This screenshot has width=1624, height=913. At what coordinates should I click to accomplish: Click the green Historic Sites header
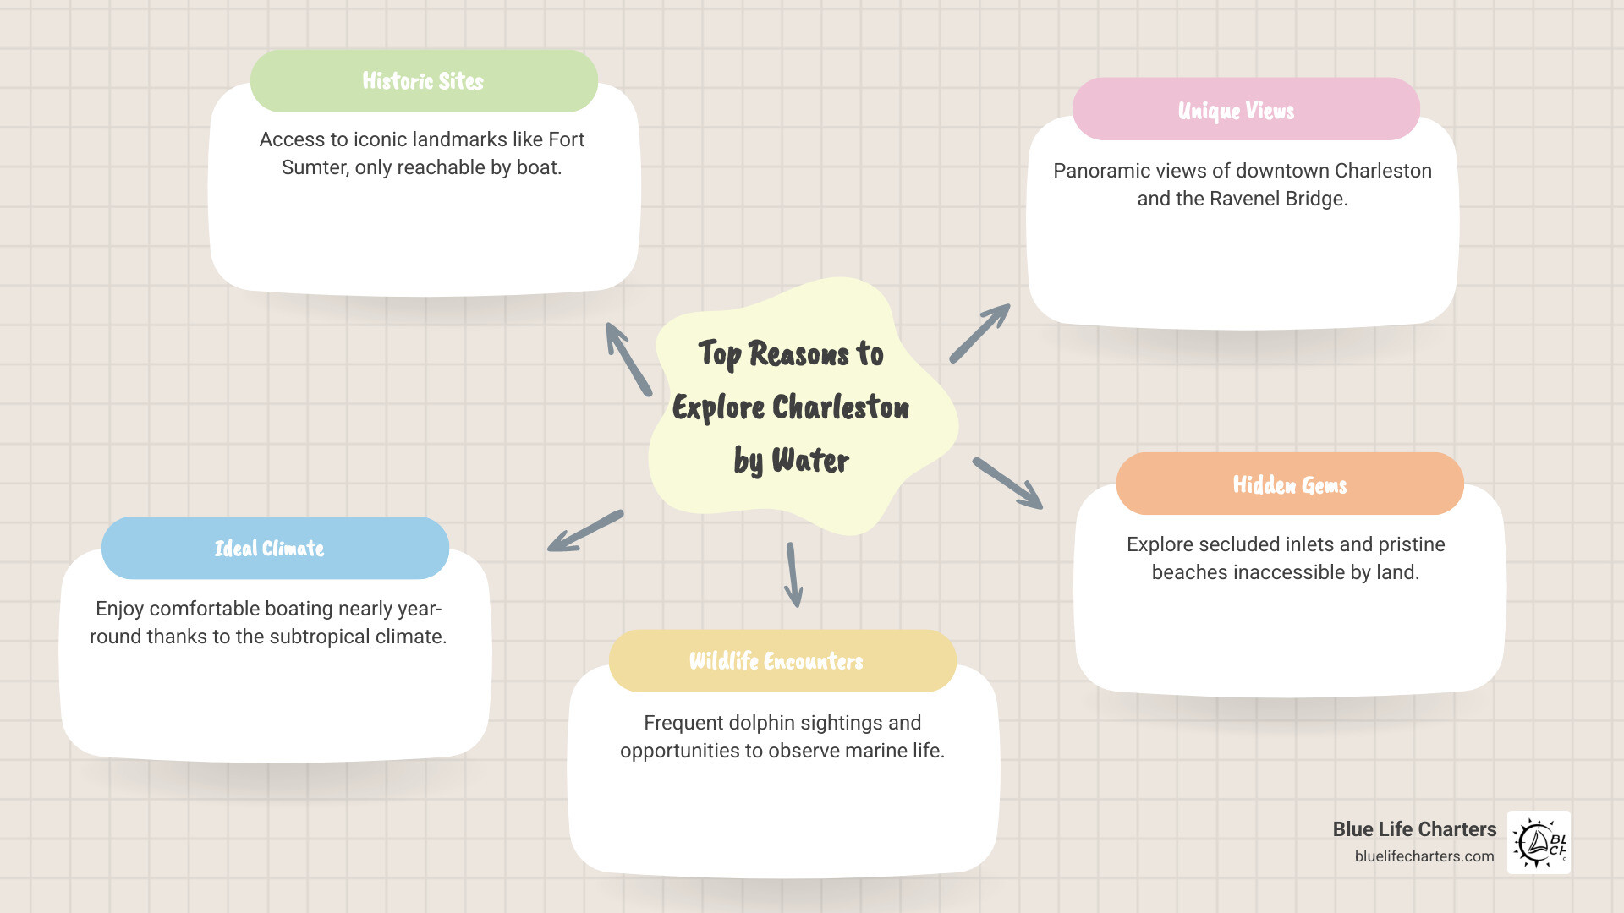pos(424,81)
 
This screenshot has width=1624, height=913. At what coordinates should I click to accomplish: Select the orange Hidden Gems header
pos(1289,484)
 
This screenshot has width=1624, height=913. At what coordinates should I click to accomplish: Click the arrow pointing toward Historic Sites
pos(628,358)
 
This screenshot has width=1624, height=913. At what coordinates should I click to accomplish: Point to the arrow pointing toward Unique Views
pos(979,333)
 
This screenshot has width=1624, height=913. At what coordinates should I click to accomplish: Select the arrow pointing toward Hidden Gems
pos(1007,484)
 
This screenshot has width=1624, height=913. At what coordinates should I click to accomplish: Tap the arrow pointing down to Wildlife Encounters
pos(793,575)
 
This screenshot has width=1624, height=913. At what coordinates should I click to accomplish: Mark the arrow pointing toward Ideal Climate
pos(585,531)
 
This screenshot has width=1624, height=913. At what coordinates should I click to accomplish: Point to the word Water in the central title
pos(809,461)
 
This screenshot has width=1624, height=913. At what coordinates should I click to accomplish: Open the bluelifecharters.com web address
pos(1424,856)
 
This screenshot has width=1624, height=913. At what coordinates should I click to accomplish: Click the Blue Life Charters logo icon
pos(1539,842)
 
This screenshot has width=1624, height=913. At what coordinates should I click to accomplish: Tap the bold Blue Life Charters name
pos(1414,829)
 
